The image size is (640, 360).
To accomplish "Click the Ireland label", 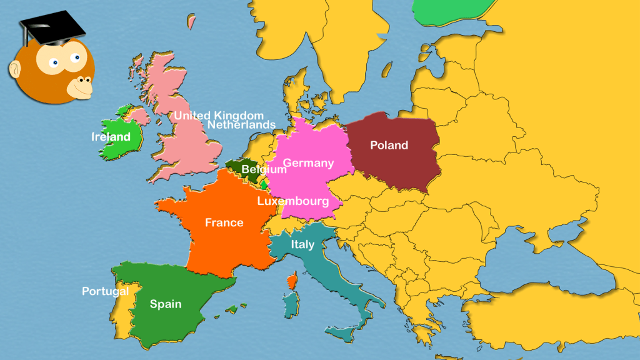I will pos(111,137).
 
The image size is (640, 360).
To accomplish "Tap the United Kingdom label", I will pos(219,116).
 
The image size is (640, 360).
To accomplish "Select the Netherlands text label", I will pos(241,125).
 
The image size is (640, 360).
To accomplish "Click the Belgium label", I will pos(264,169).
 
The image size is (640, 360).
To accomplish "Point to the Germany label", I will pos(309,163).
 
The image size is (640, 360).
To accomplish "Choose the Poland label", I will pos(389,146).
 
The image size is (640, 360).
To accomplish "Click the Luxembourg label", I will pos(293,202).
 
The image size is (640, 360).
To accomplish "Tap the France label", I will pos(224,222).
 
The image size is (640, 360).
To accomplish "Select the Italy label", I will pos(302,245).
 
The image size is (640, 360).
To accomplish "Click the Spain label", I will pos(166,304).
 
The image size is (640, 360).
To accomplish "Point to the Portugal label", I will pos(106,291).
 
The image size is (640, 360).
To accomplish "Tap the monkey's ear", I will pos(15,69).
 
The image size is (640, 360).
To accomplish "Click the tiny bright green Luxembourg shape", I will pos(264,185).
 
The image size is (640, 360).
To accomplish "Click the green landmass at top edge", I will pos(447,11).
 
